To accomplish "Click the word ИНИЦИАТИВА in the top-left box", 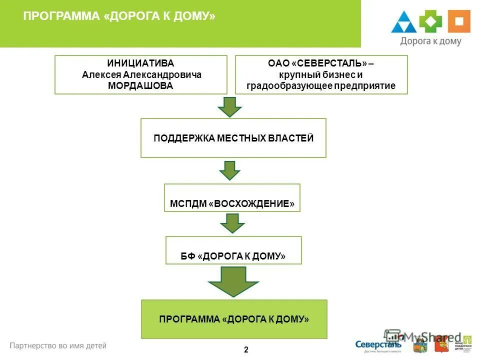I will tap(140, 63).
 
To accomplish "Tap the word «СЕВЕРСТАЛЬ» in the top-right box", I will tap(330, 63).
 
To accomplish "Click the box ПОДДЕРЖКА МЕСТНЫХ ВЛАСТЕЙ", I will tap(233, 138).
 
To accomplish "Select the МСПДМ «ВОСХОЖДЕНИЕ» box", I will tap(232, 198).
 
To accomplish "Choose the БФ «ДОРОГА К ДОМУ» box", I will tap(233, 250).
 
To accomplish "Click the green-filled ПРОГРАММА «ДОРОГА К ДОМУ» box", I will tap(234, 319).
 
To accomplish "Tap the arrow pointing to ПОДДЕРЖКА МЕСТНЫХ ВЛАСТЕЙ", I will tap(229, 106).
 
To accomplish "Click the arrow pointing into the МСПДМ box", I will tap(229, 170).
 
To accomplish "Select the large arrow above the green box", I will tap(233, 280).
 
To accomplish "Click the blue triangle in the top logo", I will tap(403, 23).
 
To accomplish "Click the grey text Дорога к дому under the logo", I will tap(430, 42).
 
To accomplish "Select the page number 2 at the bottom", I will tap(246, 349).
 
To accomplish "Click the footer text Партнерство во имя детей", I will tap(58, 345).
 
